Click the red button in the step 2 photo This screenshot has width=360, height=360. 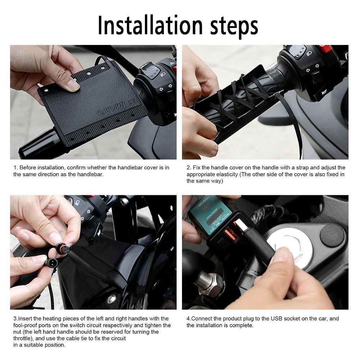click(325, 48)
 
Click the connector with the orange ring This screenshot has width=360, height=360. click(61, 248)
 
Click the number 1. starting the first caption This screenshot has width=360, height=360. click(15, 168)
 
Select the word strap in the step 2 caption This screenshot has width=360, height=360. click(303, 168)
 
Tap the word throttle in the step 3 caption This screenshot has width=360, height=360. click(22, 338)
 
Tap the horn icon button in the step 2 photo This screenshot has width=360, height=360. click(324, 92)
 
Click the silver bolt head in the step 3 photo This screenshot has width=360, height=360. click(111, 299)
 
